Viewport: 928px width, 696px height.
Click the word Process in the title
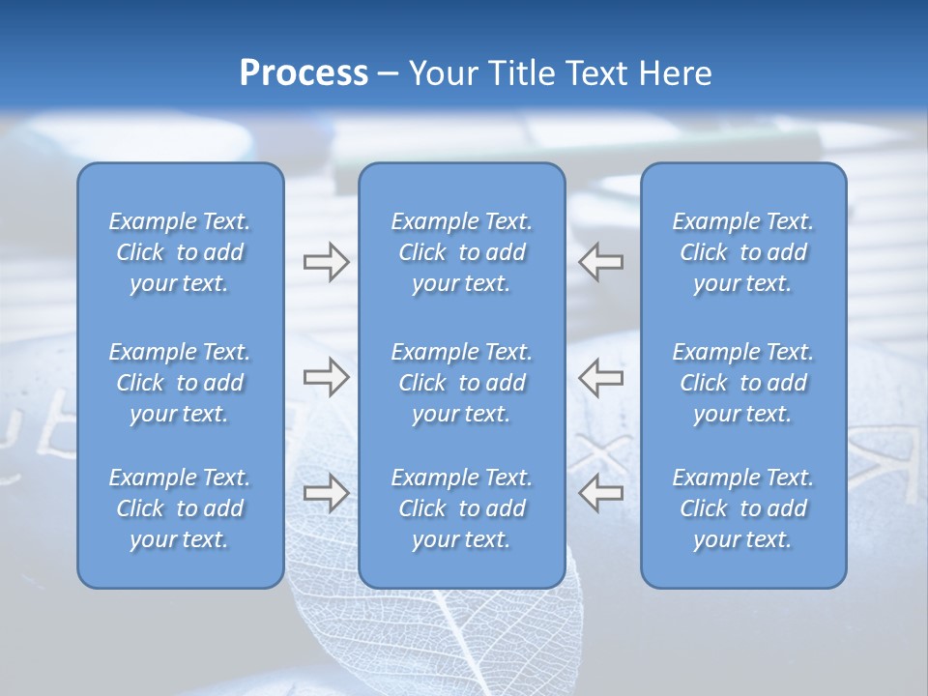304,73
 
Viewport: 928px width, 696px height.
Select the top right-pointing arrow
326,261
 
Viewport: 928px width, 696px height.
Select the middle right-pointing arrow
326,376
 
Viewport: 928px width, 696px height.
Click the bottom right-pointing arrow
326,492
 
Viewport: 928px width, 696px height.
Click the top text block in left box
180,252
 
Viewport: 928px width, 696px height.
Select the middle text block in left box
180,383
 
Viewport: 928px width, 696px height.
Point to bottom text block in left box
180,508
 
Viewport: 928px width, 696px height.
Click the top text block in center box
462,252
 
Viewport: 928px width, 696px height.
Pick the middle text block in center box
462,383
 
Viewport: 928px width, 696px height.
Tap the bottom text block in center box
462,508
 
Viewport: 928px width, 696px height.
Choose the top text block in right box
743,252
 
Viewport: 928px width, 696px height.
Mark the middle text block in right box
743,383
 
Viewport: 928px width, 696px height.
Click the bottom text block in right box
743,508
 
